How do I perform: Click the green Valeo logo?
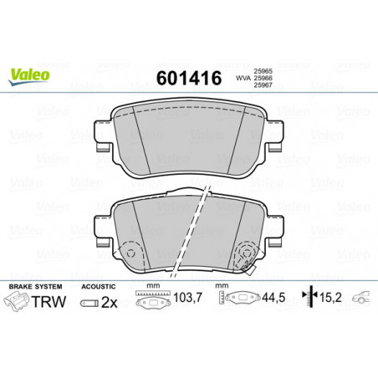pyautogui.click(x=28, y=77)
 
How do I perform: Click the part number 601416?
pyautogui.click(x=189, y=78)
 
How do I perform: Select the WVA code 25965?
pyautogui.click(x=263, y=72)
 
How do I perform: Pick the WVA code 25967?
pyautogui.click(x=263, y=85)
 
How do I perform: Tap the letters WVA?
pyautogui.click(x=243, y=79)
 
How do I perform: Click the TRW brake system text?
pyautogui.click(x=49, y=302)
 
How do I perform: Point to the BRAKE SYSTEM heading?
pyautogui.click(x=35, y=287)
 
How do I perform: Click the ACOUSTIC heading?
pyautogui.click(x=98, y=287)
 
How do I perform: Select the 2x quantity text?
pyautogui.click(x=110, y=303)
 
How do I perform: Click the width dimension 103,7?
pyautogui.click(x=187, y=298)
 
